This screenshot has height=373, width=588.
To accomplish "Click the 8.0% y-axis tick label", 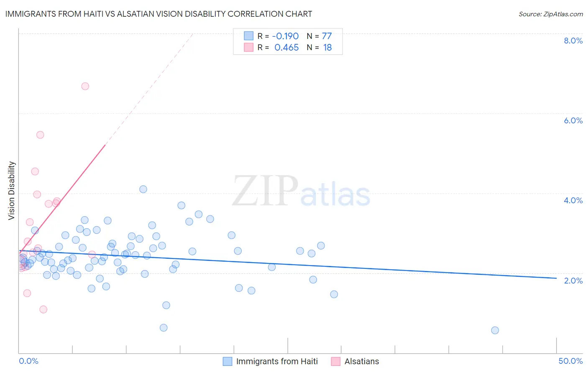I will (573, 41).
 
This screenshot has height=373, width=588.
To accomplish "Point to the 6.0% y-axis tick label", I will (573, 120).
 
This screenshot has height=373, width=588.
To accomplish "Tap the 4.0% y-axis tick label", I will (573, 200).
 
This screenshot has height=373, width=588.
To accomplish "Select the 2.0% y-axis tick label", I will (573, 280).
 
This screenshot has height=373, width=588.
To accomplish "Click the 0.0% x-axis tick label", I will (28, 361).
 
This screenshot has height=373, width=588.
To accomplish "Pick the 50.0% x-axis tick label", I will (570, 361).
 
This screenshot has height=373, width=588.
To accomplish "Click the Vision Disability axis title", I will (12, 191).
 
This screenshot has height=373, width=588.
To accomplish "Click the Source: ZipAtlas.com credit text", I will (550, 14).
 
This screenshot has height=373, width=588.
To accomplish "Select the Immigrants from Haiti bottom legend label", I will (277, 361).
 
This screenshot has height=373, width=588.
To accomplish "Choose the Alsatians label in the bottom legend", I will (362, 361).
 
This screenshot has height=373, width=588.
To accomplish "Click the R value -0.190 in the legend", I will (286, 36).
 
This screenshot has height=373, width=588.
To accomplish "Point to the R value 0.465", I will (286, 48).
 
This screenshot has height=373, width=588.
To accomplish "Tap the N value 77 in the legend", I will (327, 36).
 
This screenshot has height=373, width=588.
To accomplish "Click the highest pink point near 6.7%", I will (85, 86).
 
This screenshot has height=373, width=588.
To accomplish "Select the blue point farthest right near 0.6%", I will (495, 330).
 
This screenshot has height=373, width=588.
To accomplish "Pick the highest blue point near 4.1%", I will (143, 189).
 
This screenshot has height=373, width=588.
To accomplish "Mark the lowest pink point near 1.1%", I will (43, 309).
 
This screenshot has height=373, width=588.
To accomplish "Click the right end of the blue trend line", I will (556, 278).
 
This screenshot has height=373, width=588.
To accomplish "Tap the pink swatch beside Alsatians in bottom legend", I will (335, 361).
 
